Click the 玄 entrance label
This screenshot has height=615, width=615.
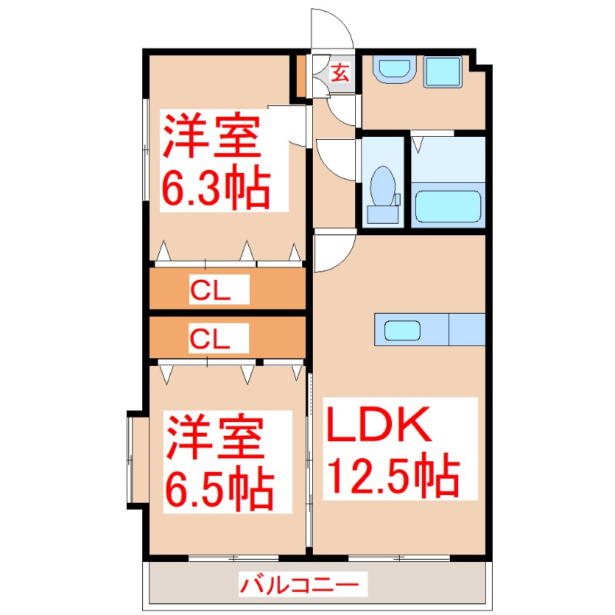(x=340, y=73)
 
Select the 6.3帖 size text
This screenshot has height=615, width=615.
(x=215, y=186)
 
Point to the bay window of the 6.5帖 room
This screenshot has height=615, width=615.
(x=136, y=458)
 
